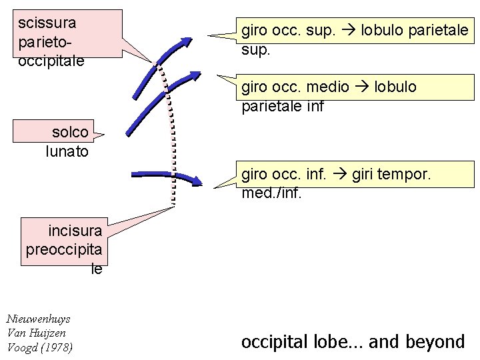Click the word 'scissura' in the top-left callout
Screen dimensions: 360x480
click(x=47, y=23)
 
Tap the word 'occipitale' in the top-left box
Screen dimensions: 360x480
click(x=51, y=61)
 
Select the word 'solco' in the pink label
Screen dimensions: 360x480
click(x=70, y=132)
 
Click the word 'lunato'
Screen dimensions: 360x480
click(x=67, y=151)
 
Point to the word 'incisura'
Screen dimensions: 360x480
click(x=75, y=231)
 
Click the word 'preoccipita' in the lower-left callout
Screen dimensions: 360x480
click(x=65, y=250)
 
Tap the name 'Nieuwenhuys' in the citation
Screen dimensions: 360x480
click(x=37, y=319)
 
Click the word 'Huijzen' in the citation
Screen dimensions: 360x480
click(x=46, y=333)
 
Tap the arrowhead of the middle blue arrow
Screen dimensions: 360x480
click(x=194, y=76)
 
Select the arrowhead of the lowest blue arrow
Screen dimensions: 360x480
click(x=197, y=181)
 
